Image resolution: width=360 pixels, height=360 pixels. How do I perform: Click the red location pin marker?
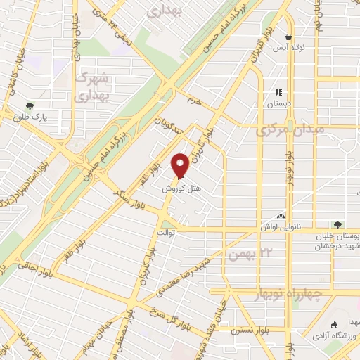click(x=181, y=165)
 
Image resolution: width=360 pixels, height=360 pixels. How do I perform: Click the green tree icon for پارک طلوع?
click(x=29, y=108)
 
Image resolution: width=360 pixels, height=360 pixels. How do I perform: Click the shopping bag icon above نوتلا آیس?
click(x=288, y=37)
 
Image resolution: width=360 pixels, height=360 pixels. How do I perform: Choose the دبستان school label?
click(x=278, y=103)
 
